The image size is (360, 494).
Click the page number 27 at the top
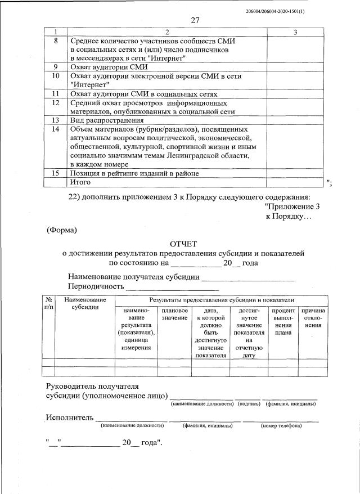point(195,21)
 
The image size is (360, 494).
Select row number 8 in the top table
point(55,41)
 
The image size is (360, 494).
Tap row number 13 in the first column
point(55,120)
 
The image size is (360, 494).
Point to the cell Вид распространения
point(107,120)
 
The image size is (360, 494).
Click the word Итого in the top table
point(80,182)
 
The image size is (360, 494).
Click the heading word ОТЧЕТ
point(183,244)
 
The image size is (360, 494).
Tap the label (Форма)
point(61,230)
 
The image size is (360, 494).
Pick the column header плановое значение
point(174,315)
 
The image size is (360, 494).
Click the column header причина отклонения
point(313,318)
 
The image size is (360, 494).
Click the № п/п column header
point(48,304)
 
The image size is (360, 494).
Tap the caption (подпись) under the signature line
point(248,403)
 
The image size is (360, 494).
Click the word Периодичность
point(95,286)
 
